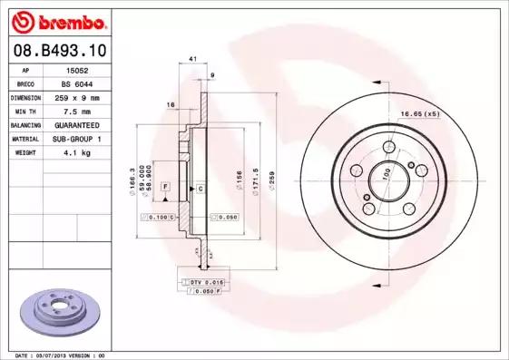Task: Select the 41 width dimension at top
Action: pyautogui.click(x=192, y=59)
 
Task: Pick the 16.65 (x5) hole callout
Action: pyautogui.click(x=419, y=113)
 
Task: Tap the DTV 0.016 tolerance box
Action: pyautogui.click(x=208, y=283)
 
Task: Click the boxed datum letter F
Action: pyautogui.click(x=165, y=186)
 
